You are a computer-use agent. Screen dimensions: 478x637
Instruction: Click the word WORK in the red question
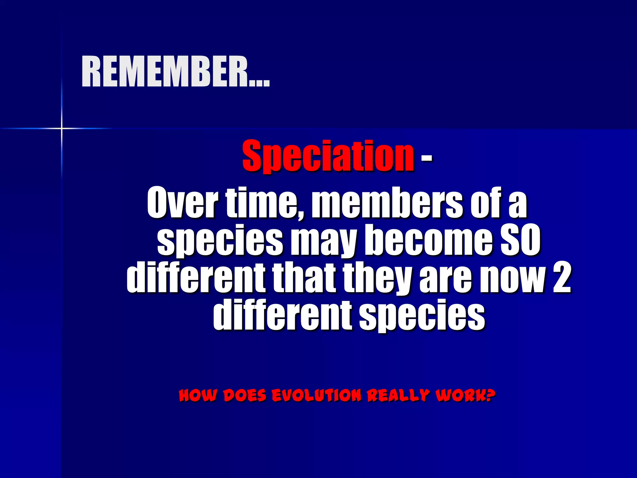(x=460, y=395)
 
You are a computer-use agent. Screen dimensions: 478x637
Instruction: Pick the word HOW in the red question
(x=198, y=395)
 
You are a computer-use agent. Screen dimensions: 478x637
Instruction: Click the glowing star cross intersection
(x=62, y=128)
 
